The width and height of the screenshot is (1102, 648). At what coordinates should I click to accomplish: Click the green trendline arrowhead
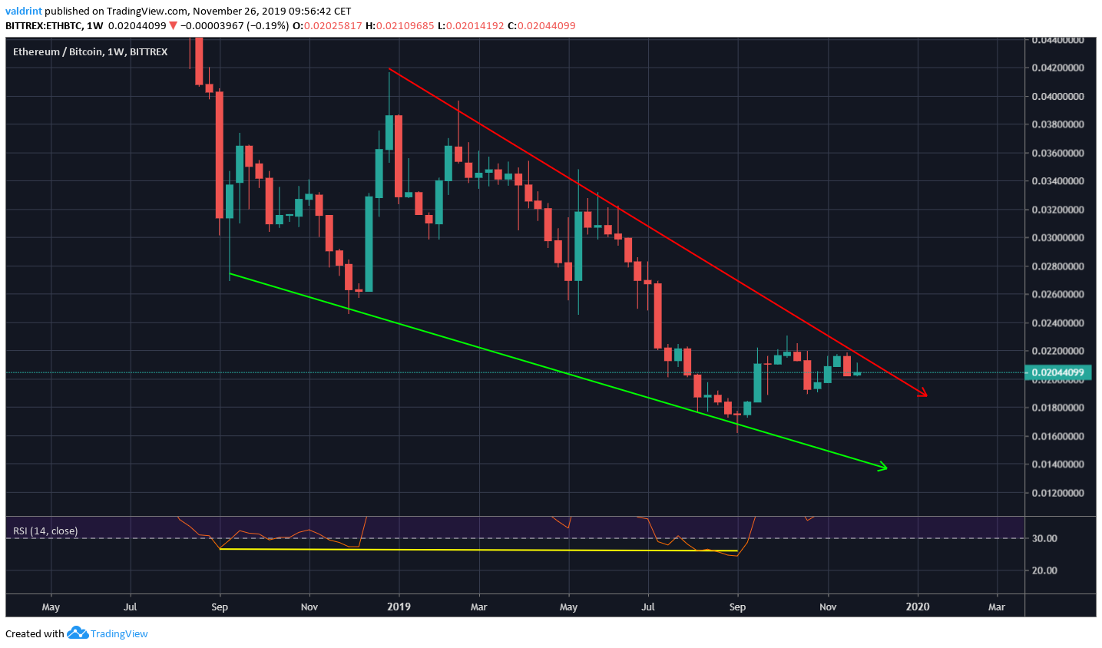pyautogui.click(x=883, y=467)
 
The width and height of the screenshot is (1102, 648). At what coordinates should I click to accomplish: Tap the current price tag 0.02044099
pyautogui.click(x=1056, y=373)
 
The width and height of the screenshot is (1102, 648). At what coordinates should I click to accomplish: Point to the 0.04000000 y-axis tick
pyautogui.click(x=1057, y=97)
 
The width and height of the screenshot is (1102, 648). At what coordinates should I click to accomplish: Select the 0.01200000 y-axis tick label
pyautogui.click(x=1057, y=493)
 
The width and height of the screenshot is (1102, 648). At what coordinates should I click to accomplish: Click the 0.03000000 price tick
pyautogui.click(x=1057, y=238)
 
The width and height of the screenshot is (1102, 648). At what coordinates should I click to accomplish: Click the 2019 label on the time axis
pyautogui.click(x=399, y=607)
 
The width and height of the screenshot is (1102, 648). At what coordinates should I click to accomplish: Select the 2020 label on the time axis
pyautogui.click(x=918, y=607)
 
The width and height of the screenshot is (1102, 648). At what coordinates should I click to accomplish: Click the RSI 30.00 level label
pyautogui.click(x=1044, y=538)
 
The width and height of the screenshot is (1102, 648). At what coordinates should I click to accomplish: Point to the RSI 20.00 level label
pyautogui.click(x=1044, y=570)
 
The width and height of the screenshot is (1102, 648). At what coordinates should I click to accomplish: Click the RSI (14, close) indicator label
pyautogui.click(x=45, y=531)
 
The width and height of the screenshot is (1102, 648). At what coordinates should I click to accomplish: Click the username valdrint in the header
pyautogui.click(x=24, y=12)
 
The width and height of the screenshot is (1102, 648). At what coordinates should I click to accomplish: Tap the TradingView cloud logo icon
pyautogui.click(x=78, y=633)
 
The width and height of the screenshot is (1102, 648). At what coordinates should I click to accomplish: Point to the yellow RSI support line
pyautogui.click(x=476, y=550)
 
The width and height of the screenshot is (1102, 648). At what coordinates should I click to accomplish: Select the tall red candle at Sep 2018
pyautogui.click(x=220, y=154)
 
